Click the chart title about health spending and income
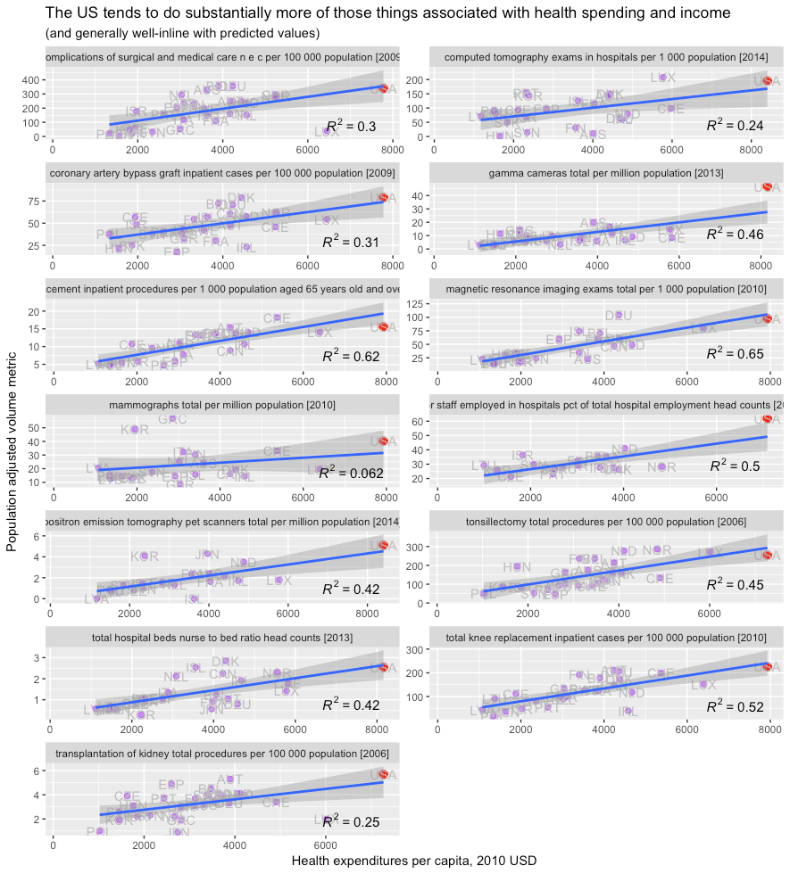click(387, 13)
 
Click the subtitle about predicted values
click(182, 34)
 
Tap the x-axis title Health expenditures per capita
click(413, 861)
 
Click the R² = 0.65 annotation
click(735, 354)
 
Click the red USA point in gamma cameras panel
click(766, 186)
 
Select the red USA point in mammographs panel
click(384, 441)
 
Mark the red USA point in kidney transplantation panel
click(383, 774)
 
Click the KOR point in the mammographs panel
click(135, 429)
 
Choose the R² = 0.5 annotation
click(735, 466)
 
